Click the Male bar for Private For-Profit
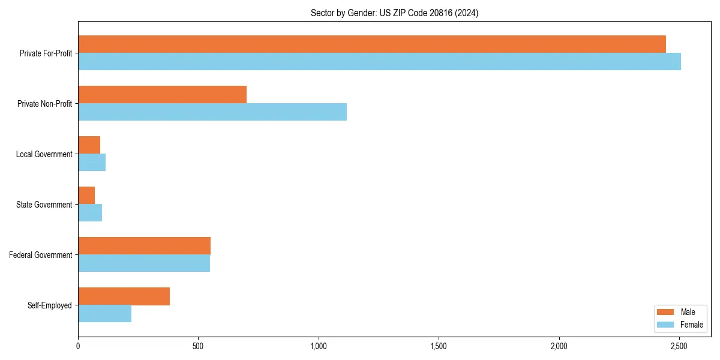372,44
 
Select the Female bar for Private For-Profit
379,61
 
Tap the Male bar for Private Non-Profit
162,94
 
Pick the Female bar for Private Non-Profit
212,112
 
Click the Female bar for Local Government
92,162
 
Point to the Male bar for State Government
86,195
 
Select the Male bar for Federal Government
144,245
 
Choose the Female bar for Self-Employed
104,313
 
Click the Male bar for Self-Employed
124,296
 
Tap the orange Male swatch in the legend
666,312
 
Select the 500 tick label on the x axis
198,346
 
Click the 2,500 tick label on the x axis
679,346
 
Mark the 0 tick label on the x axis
78,346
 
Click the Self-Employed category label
50,305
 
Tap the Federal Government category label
41,255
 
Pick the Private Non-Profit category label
44,104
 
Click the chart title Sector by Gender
394,13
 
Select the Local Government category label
44,154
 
